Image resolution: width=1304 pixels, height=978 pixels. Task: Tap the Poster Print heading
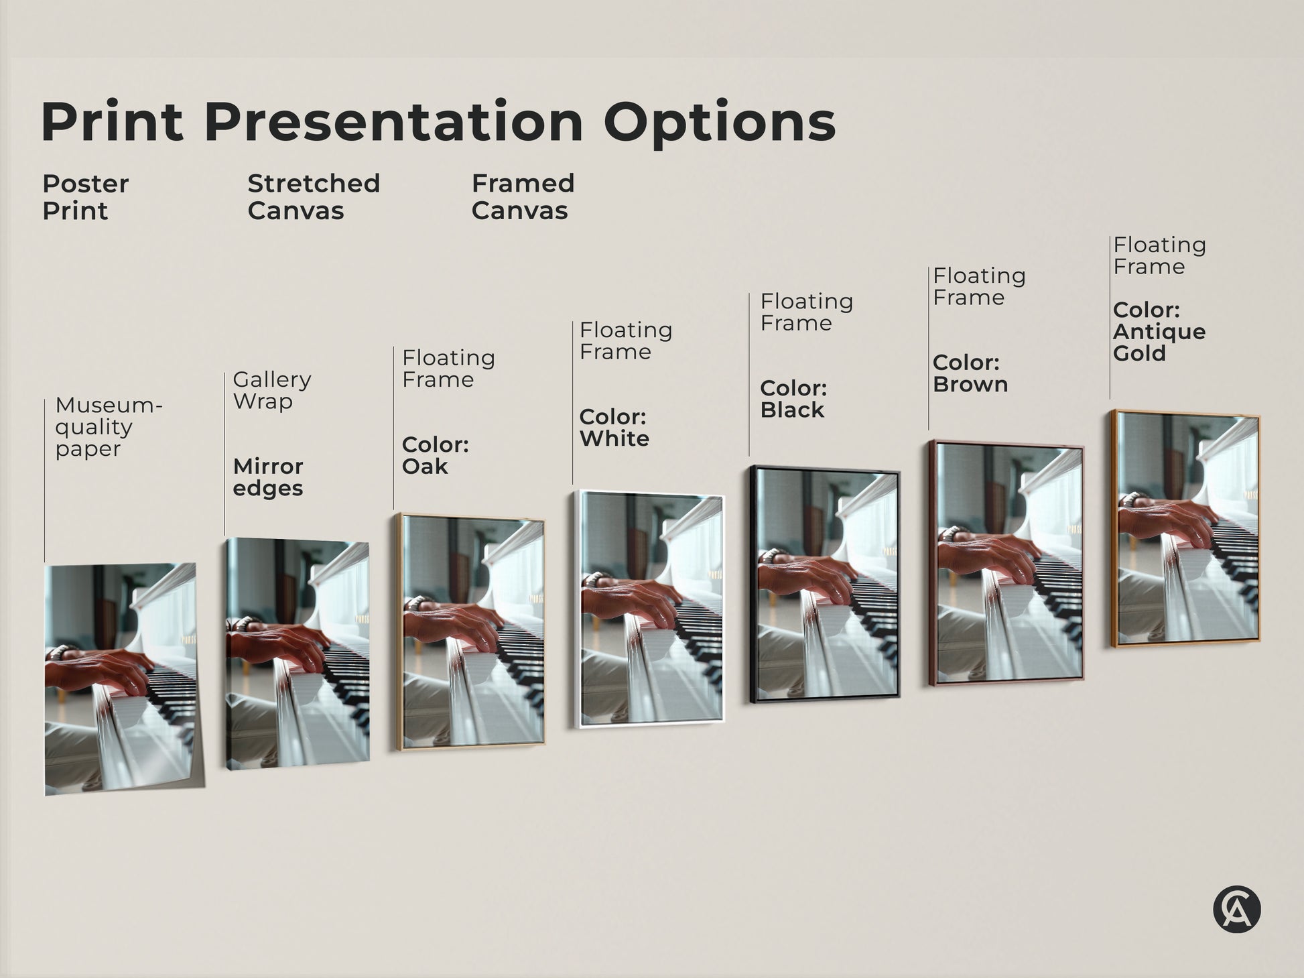pyautogui.click(x=85, y=197)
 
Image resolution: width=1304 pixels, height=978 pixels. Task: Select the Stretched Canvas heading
pyautogui.click(x=314, y=197)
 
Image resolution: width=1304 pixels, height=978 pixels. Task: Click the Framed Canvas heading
pyautogui.click(x=523, y=197)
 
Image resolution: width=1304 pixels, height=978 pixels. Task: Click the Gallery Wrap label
pyautogui.click(x=271, y=390)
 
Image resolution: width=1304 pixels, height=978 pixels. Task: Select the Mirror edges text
pyautogui.click(x=268, y=477)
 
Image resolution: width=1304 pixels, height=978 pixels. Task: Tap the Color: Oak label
pyautogui.click(x=435, y=455)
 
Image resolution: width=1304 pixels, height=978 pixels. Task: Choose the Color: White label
pyautogui.click(x=614, y=428)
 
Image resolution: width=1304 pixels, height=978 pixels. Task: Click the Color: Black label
pyautogui.click(x=793, y=399)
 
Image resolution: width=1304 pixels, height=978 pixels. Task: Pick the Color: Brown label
pyautogui.click(x=970, y=373)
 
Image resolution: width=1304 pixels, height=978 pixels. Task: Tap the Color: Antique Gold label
pyautogui.click(x=1159, y=332)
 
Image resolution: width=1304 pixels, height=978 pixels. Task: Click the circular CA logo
pyautogui.click(x=1236, y=910)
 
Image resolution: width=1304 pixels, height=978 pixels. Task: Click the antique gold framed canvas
pyautogui.click(x=1186, y=530)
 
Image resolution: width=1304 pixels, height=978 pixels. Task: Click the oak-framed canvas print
pyautogui.click(x=471, y=631)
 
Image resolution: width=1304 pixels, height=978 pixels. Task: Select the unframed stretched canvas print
pyautogui.click(x=298, y=654)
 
